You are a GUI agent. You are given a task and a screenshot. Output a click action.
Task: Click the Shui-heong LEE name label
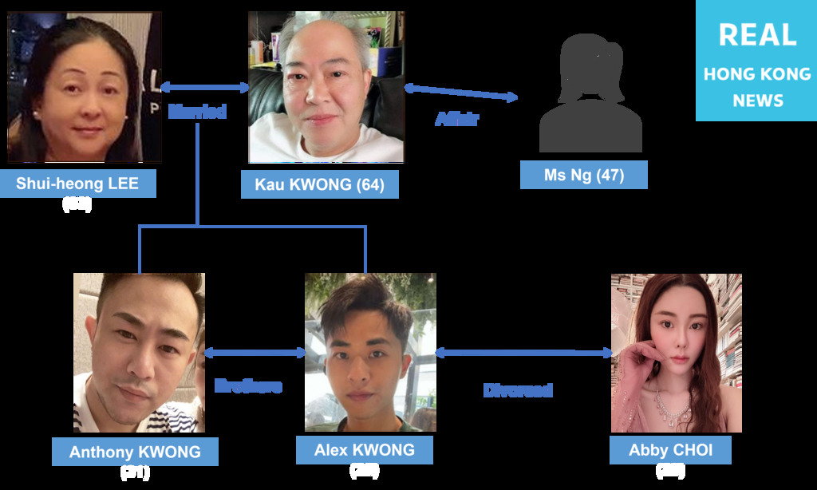click(77, 184)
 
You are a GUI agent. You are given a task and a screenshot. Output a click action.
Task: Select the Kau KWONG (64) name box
click(319, 184)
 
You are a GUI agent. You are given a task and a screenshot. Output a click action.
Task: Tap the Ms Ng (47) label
click(583, 175)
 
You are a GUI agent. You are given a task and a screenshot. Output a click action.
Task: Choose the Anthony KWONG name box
click(135, 452)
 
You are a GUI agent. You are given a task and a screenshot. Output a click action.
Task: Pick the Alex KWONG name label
click(364, 450)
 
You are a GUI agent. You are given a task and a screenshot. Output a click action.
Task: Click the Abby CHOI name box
click(670, 450)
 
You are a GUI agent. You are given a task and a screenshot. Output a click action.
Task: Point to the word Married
click(197, 112)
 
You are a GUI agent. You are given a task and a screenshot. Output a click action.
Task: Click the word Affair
click(456, 120)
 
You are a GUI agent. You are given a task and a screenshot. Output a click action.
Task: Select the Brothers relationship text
click(248, 386)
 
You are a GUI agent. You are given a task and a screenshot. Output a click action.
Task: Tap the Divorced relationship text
click(518, 390)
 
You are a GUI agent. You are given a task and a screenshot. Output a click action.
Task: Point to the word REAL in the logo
click(756, 35)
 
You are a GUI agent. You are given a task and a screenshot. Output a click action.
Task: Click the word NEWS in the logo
click(757, 101)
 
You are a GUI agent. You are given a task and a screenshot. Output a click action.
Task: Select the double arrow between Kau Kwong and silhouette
click(460, 93)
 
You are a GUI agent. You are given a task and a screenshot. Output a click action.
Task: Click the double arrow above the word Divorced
click(523, 352)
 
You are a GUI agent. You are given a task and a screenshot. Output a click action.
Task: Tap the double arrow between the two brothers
click(255, 352)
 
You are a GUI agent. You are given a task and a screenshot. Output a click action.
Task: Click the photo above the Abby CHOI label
click(676, 353)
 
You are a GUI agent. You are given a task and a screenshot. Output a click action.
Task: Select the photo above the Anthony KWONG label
click(139, 353)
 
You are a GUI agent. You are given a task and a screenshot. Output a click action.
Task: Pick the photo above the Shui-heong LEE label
click(85, 88)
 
